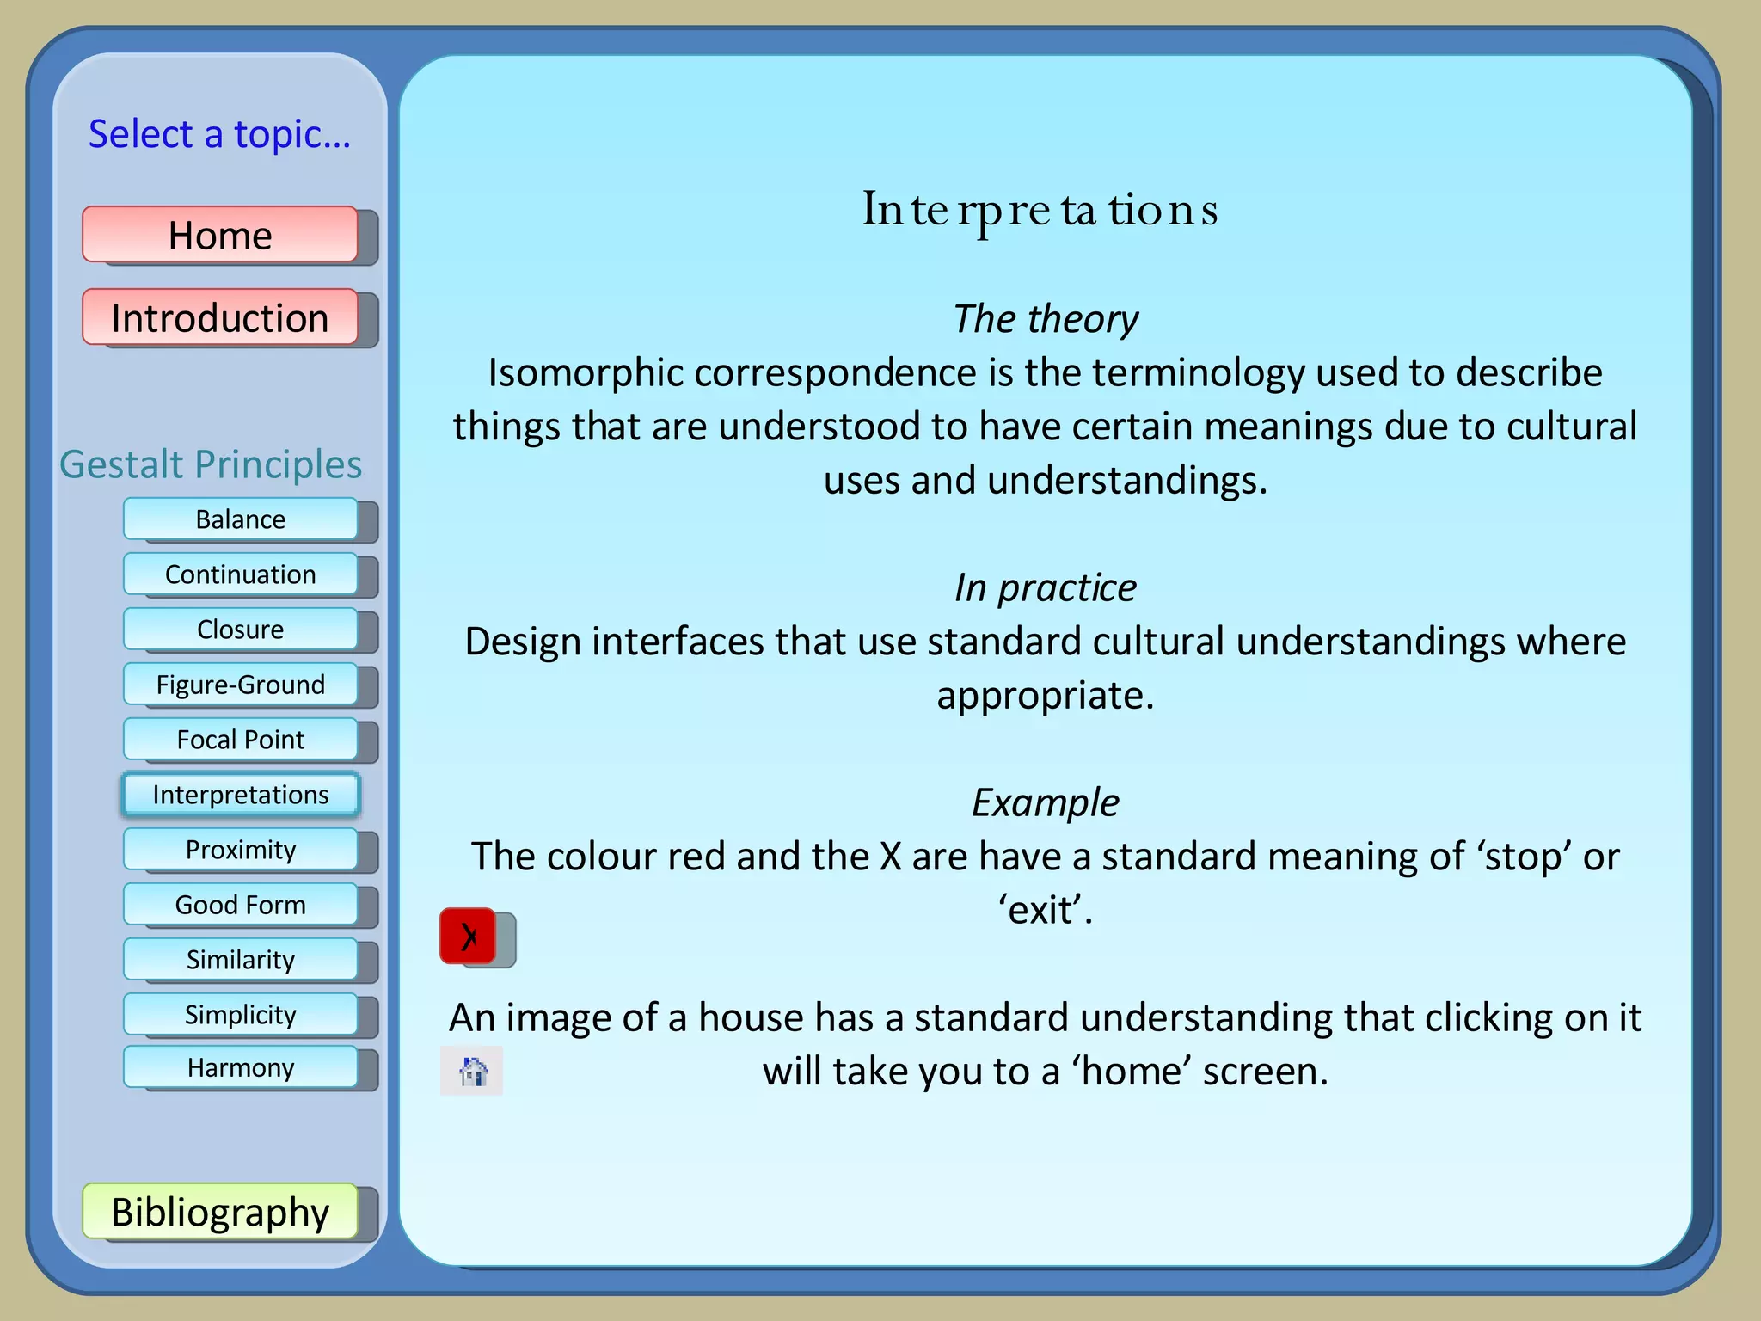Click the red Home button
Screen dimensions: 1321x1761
[x=220, y=235]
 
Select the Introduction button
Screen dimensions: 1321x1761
[x=220, y=317]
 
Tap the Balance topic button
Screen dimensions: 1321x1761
[x=241, y=519]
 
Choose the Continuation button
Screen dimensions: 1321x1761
[x=241, y=574]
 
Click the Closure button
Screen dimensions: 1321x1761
[x=241, y=630]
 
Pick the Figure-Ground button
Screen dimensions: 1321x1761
[x=241, y=685]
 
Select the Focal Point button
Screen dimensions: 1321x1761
[x=241, y=740]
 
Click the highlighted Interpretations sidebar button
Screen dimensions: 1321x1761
[x=241, y=795]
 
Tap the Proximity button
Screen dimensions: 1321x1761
[x=241, y=850]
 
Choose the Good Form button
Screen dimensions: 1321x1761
[x=241, y=905]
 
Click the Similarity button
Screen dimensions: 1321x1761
[x=241, y=960]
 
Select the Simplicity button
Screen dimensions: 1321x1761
[x=241, y=1015]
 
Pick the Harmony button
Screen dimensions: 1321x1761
[x=241, y=1068]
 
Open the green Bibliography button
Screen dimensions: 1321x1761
[x=220, y=1212]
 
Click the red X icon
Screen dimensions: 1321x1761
[x=469, y=937]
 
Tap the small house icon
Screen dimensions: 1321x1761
[x=472, y=1072]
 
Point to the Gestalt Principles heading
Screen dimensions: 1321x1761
[x=211, y=464]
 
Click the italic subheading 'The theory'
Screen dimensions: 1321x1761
[x=1046, y=319]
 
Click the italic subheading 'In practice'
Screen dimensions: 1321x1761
[x=1046, y=588]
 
